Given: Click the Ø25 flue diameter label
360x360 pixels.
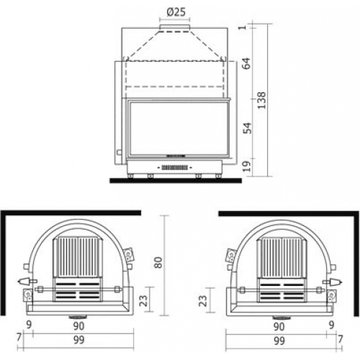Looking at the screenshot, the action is click(x=176, y=12).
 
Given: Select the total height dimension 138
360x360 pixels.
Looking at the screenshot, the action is click(x=261, y=100).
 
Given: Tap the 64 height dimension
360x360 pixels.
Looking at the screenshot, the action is click(x=246, y=63).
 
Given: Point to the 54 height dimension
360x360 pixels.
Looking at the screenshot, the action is click(x=247, y=128).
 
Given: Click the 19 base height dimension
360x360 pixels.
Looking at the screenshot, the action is click(x=247, y=166).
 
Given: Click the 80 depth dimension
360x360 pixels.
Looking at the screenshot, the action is click(x=158, y=262).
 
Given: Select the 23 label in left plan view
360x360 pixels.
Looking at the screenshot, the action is click(x=143, y=300).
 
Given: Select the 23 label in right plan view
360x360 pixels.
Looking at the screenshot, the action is click(x=202, y=300).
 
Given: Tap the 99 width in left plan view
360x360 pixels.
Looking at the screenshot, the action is click(x=78, y=340).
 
